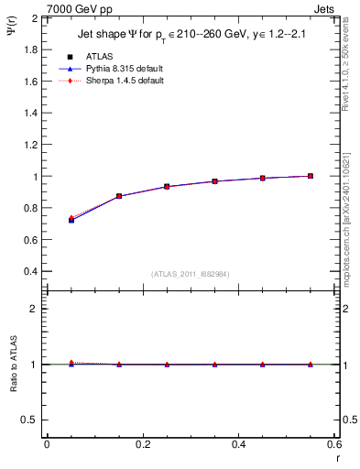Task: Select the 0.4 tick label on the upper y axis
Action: click(x=29, y=272)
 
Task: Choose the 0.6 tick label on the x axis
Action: click(x=334, y=444)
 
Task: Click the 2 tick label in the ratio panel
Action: click(x=34, y=309)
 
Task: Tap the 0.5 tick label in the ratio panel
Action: click(x=29, y=420)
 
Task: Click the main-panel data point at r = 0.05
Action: click(x=71, y=220)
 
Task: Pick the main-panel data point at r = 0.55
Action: click(x=311, y=176)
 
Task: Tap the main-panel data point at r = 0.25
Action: click(x=167, y=187)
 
